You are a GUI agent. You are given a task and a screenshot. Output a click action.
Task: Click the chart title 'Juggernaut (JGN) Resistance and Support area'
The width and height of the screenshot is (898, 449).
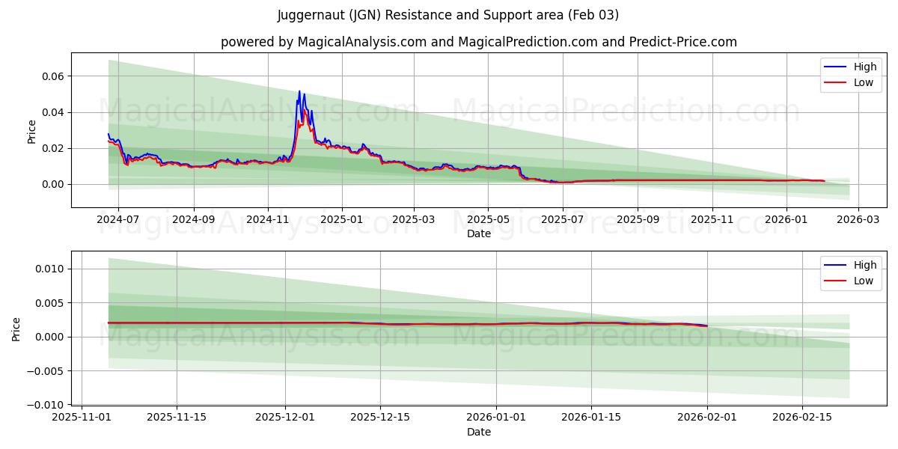pos(448,15)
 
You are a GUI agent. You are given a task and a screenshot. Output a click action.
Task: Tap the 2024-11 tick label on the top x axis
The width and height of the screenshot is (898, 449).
pos(268,220)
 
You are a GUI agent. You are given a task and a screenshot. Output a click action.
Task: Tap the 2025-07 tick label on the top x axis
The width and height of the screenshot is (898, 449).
pos(562,220)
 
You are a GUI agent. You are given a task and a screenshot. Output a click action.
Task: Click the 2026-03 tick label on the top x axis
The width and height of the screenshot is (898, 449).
pos(858,220)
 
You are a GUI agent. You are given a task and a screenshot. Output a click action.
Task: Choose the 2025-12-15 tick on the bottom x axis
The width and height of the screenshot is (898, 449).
pos(380,418)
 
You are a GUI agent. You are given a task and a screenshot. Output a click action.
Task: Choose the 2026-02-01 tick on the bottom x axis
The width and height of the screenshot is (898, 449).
pos(707,418)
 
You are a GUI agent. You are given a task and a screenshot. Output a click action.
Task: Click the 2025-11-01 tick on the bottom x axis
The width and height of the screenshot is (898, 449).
pos(82,418)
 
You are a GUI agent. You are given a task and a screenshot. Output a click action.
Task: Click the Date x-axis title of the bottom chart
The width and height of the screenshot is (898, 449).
pos(479,432)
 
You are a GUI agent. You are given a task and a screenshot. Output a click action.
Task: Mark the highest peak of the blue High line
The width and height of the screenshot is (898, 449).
pos(299,91)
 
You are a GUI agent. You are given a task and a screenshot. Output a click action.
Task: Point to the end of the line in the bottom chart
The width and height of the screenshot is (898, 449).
pos(707,326)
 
